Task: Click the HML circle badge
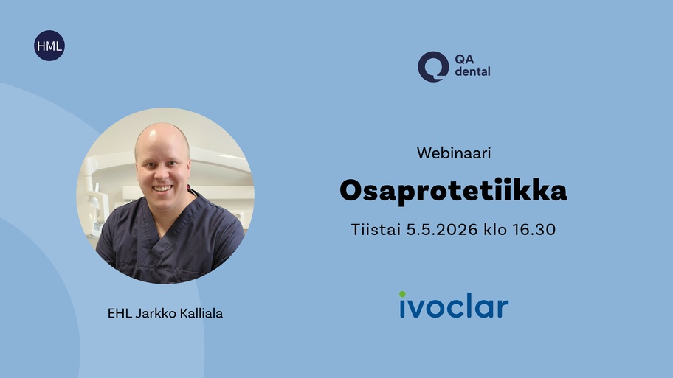click(x=49, y=46)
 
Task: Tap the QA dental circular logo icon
click(x=433, y=67)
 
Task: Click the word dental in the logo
click(x=472, y=71)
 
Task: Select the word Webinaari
click(x=454, y=153)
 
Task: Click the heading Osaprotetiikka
click(x=453, y=190)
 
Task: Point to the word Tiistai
click(x=376, y=229)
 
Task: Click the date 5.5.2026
click(x=441, y=229)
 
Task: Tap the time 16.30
click(x=534, y=229)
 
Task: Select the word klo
click(x=495, y=229)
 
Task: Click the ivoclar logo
click(x=454, y=305)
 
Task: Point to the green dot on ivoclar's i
click(x=402, y=294)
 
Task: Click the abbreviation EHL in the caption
click(x=120, y=313)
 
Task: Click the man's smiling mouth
click(x=162, y=188)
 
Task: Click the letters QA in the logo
click(x=464, y=59)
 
